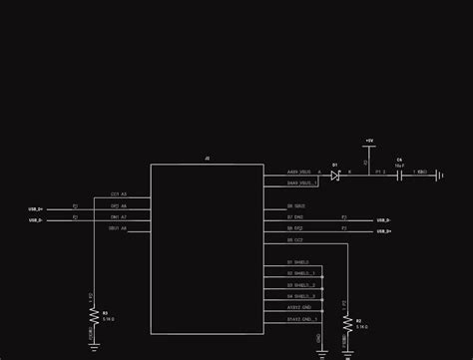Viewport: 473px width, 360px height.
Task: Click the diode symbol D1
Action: point(336,175)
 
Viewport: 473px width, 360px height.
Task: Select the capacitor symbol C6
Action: point(399,174)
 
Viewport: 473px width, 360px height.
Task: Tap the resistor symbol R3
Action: point(94,315)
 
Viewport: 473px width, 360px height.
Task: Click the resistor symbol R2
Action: point(345,322)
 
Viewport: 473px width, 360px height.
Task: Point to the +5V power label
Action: point(368,141)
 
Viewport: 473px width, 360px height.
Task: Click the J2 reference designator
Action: point(207,159)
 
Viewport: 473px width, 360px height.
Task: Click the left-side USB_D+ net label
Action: point(36,208)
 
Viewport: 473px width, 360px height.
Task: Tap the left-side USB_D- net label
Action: point(36,219)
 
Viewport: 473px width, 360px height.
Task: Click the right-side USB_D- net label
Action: point(383,220)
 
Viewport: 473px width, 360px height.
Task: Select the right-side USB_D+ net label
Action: point(383,231)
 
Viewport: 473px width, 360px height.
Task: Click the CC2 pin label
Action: point(296,240)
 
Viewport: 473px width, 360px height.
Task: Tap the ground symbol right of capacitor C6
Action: point(440,175)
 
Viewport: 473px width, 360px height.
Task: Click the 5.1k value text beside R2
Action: point(360,326)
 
